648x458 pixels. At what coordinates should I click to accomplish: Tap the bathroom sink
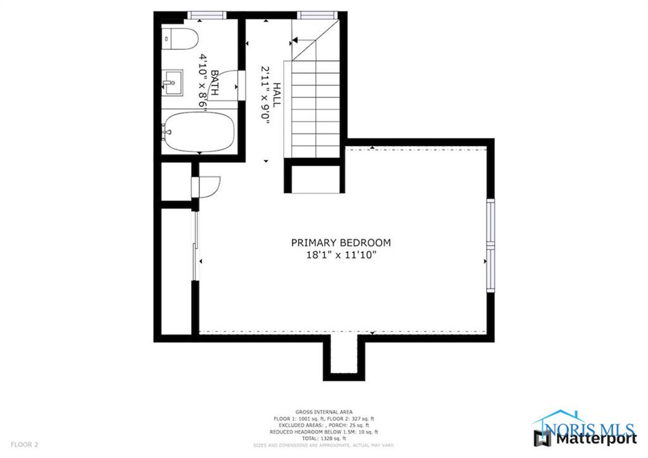171,83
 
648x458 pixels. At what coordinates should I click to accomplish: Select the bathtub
198,132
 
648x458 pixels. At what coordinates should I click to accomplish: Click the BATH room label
215,83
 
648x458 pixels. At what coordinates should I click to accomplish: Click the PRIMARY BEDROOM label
340,242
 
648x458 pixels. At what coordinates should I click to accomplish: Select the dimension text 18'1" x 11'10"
340,255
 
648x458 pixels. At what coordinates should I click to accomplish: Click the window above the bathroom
206,14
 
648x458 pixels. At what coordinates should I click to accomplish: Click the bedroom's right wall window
489,245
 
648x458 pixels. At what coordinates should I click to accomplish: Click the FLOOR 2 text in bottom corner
23,445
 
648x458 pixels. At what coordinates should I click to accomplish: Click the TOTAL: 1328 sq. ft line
323,438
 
